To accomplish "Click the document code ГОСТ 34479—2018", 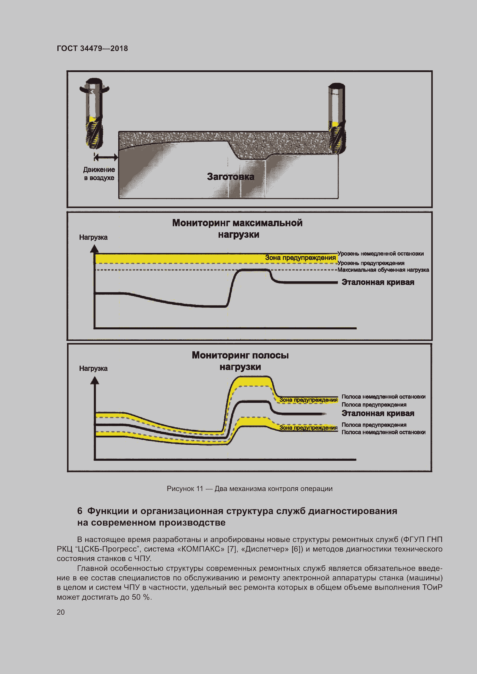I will [92, 48].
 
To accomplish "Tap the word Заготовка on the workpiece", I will [231, 177].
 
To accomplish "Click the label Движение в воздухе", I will [99, 173].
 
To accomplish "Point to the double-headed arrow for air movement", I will [106, 157].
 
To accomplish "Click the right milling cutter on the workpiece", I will [337, 117].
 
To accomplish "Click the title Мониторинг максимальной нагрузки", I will [237, 229].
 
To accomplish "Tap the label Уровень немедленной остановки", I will [380, 254].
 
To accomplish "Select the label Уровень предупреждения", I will [371, 263].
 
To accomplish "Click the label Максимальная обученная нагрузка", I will [383, 270].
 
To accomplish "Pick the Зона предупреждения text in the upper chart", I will [300, 258].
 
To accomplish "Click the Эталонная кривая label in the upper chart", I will [378, 282].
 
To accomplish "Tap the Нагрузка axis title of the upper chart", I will [93, 237].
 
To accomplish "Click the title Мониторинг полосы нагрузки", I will [240, 361].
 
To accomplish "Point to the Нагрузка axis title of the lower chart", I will [93, 369].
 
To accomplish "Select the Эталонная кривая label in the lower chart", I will [378, 414].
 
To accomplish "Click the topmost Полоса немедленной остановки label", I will [383, 397].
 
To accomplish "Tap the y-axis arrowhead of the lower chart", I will [95, 381].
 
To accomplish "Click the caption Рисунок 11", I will [249, 489].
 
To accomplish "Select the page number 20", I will [61, 612].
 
